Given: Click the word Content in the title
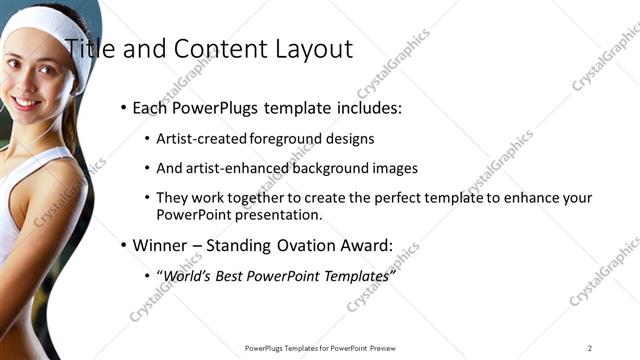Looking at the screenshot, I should coord(214,48).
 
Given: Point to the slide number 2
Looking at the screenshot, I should coord(590,348).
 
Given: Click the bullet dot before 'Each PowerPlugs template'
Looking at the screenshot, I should coord(123,108).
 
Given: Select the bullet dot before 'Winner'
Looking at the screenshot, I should coord(123,244).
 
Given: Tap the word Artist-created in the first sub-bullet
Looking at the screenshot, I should coord(198,139).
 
